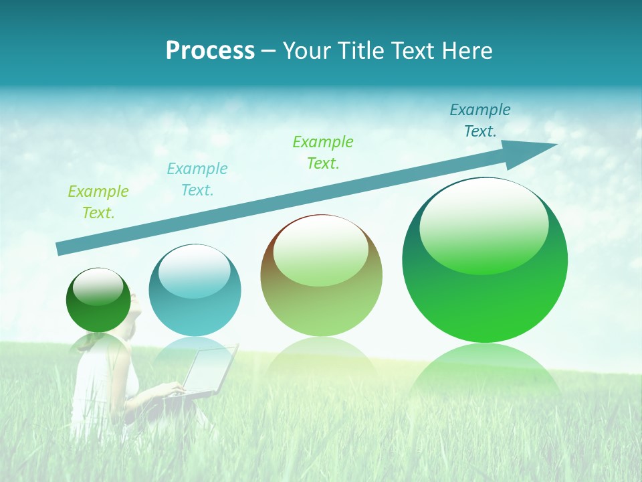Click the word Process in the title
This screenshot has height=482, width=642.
(x=210, y=51)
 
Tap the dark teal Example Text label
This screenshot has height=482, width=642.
(x=479, y=120)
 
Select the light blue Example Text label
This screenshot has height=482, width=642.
(x=197, y=179)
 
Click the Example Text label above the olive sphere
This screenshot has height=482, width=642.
(x=323, y=153)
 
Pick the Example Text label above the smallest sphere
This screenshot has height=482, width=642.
(x=98, y=202)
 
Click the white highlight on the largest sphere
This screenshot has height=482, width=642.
(x=484, y=224)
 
